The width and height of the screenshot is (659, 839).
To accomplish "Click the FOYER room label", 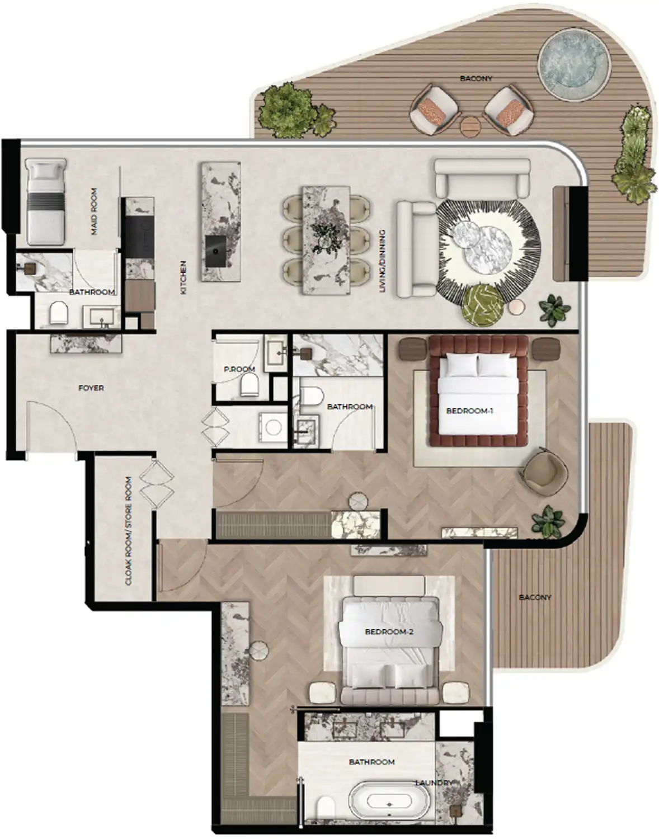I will point(91,388).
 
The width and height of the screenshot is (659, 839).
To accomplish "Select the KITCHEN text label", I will point(183,277).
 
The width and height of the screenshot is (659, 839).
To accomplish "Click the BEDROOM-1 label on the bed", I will point(469,411).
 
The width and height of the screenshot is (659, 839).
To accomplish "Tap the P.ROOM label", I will point(239,369).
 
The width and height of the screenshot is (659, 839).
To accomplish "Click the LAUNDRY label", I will point(434,783).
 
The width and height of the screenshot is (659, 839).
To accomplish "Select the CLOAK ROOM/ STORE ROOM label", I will point(129,531).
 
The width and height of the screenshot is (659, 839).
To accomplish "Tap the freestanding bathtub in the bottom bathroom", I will point(389,805).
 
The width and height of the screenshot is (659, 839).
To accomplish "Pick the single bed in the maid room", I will point(47,201).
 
